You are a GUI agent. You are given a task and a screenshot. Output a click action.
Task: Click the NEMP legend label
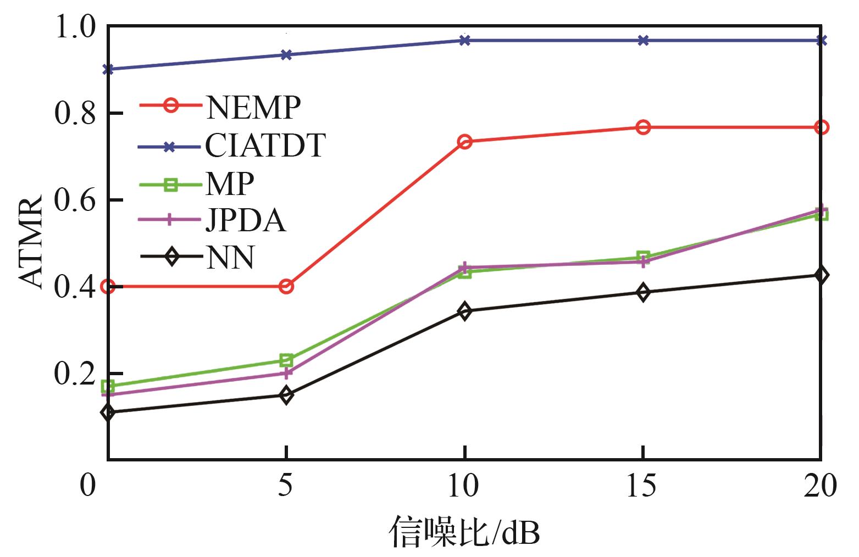coord(253,107)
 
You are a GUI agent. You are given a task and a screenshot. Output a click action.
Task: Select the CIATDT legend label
coord(265,146)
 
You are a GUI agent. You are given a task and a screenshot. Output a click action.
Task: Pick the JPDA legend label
coord(246,221)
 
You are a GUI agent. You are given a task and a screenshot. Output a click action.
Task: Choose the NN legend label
coord(230,258)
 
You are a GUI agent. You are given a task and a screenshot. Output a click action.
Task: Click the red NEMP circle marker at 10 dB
coord(464,142)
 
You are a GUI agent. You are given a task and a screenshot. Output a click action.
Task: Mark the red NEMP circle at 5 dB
coord(286,286)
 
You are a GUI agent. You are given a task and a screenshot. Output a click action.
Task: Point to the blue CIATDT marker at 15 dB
coord(643,40)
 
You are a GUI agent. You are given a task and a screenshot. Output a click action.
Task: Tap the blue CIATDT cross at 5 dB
coord(286,55)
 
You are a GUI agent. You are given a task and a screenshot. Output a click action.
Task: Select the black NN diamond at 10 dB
coord(464,311)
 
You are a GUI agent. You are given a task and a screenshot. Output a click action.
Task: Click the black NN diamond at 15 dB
coord(643,292)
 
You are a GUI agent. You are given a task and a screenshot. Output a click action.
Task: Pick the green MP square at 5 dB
coord(286,360)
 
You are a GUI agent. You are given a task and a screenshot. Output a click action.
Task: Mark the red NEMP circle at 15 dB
coord(643,127)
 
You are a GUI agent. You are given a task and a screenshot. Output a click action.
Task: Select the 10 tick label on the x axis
coord(464,486)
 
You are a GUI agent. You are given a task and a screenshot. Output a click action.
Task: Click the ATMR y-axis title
coord(31,242)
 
